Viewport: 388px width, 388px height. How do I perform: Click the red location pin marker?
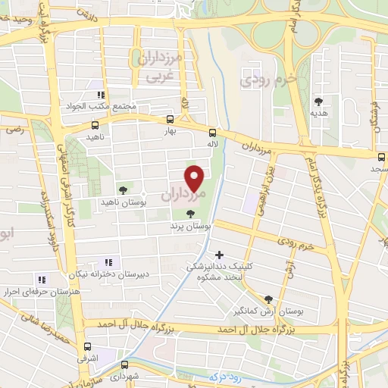click(196, 177)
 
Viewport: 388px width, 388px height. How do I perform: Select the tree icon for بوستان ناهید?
click(123, 189)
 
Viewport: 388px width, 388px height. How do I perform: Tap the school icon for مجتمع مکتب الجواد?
click(99, 95)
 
